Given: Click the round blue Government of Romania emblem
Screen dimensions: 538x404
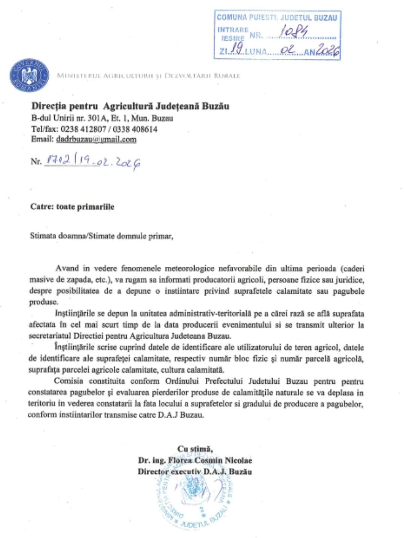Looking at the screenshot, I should pyautogui.click(x=29, y=75).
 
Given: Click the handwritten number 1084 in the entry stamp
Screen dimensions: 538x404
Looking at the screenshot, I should pyautogui.click(x=294, y=33).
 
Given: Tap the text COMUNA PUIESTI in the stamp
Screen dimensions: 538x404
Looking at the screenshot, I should pyautogui.click(x=247, y=18).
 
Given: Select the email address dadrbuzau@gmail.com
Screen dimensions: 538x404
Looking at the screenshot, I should pyautogui.click(x=96, y=140).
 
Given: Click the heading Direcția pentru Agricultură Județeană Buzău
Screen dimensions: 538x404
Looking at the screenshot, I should pyautogui.click(x=130, y=106).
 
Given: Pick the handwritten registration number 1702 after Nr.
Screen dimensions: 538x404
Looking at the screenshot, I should pyautogui.click(x=57, y=161).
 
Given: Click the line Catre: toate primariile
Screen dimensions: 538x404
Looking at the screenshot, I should pyautogui.click(x=72, y=207).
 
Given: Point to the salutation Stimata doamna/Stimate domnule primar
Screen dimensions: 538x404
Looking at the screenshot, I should pyautogui.click(x=101, y=236).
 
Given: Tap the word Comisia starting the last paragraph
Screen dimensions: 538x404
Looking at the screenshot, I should pyautogui.click(x=68, y=381).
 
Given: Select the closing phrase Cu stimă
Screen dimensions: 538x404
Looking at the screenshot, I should pyautogui.click(x=195, y=449).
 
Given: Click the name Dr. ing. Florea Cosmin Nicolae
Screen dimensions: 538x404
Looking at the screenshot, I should pyautogui.click(x=195, y=460).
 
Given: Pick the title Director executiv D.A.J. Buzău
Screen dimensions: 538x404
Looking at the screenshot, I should pyautogui.click(x=195, y=471).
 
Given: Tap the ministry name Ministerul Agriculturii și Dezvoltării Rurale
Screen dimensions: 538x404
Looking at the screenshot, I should pyautogui.click(x=148, y=76).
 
